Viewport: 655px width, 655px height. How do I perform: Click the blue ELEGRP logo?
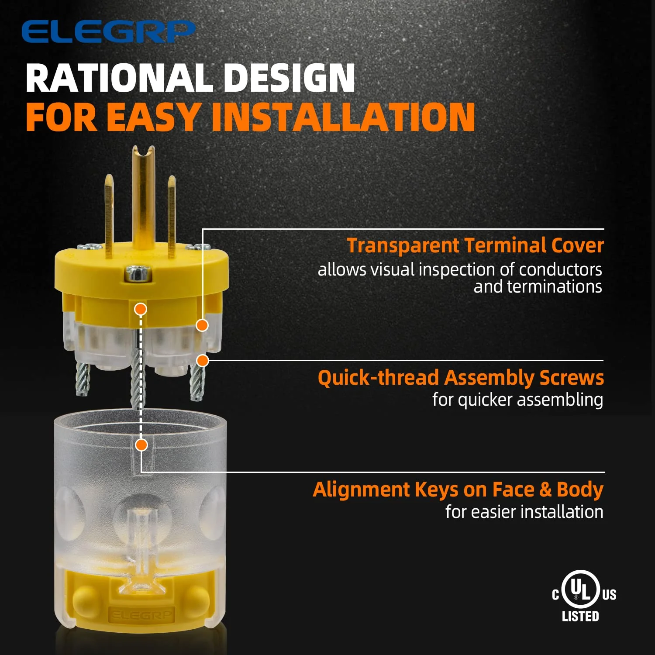108,31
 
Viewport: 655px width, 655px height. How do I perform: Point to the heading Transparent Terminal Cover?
475,245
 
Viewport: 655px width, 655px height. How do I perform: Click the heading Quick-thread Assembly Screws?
461,378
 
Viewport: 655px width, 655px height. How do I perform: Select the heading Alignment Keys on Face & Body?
458,490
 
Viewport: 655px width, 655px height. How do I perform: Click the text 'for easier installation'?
524,512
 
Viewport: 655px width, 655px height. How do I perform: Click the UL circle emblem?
580,589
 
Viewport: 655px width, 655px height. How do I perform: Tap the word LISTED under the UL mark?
580,616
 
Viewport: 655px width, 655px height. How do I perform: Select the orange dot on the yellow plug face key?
140,309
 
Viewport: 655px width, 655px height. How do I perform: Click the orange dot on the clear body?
141,445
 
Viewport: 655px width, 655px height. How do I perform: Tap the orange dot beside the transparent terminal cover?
202,325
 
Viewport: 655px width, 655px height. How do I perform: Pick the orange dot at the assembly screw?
202,361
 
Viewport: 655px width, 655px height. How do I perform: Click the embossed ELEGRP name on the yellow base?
141,615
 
